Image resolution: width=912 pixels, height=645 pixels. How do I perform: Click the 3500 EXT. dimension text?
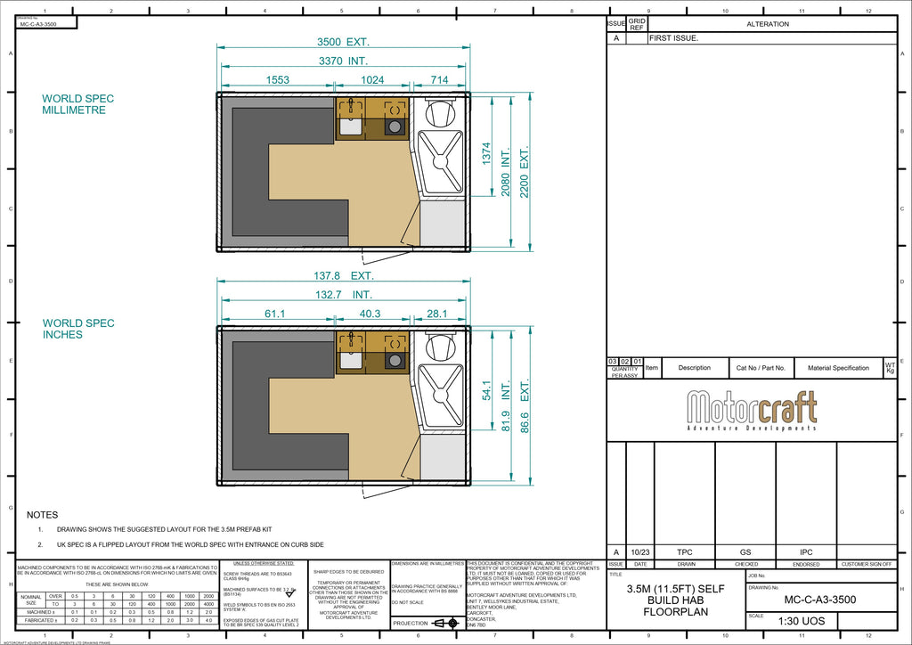click(x=344, y=42)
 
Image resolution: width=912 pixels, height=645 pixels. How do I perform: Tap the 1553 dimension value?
click(x=277, y=80)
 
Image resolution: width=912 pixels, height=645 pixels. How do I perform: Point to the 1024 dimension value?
click(x=372, y=80)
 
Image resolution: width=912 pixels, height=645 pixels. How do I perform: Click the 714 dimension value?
click(x=440, y=80)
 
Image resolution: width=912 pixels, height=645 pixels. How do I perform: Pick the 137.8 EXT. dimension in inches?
click(x=344, y=276)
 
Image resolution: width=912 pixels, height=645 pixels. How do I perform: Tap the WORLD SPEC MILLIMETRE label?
click(x=78, y=104)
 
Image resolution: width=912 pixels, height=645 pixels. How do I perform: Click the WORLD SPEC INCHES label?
click(x=78, y=329)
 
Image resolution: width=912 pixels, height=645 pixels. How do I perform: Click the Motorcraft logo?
click(x=752, y=410)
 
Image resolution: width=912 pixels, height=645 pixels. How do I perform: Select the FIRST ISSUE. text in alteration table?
click(x=674, y=39)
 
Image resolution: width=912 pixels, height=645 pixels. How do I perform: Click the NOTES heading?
click(x=43, y=515)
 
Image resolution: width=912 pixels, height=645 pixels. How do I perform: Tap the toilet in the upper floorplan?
click(x=441, y=112)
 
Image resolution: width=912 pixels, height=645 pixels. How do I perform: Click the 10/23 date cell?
click(x=640, y=552)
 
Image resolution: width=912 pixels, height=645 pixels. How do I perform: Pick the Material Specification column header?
click(x=838, y=368)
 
